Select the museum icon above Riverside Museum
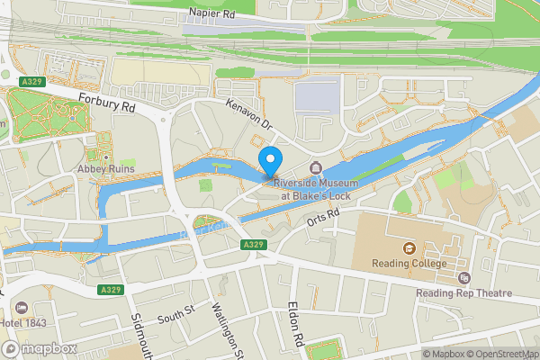[x=315, y=168]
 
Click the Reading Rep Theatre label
[x=463, y=293]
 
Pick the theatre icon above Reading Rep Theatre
[x=463, y=279]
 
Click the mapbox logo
[x=40, y=348]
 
